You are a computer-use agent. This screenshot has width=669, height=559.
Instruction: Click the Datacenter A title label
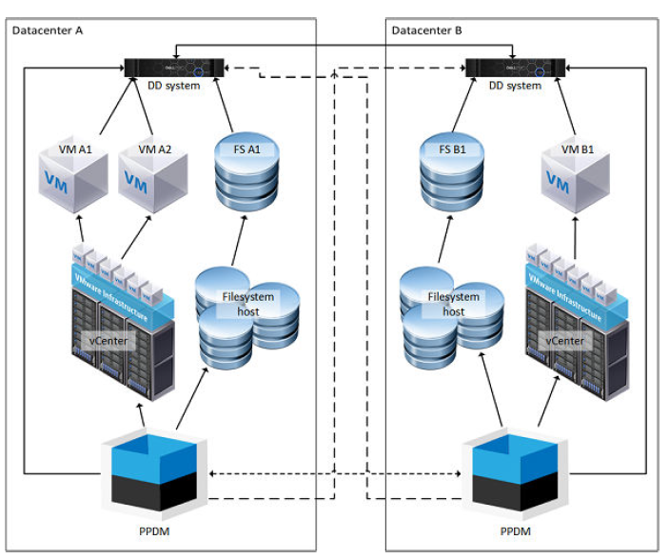[47, 30]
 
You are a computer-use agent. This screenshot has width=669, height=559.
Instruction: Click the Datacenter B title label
[426, 30]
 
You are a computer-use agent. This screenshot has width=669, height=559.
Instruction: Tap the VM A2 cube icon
[152, 181]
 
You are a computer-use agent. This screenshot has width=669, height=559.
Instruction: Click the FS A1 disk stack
[246, 176]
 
